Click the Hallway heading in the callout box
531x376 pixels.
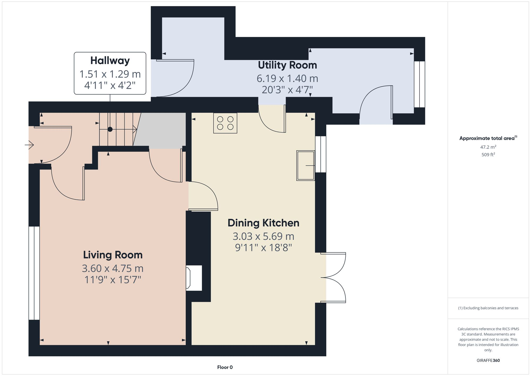(110, 61)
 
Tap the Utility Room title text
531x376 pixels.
(287, 65)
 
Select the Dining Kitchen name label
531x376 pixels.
(263, 223)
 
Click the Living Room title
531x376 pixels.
(113, 255)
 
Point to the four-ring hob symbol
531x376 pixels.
(225, 123)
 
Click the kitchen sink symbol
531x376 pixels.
(306, 166)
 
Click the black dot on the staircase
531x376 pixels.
(110, 129)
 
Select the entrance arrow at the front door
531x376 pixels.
(29, 145)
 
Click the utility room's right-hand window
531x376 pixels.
(419, 84)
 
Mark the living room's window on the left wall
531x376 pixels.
(34, 273)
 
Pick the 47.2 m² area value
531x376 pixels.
(488, 147)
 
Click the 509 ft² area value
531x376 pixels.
(488, 155)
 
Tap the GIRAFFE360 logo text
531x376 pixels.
(488, 360)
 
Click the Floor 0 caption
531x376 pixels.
(225, 367)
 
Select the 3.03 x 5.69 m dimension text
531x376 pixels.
(263, 236)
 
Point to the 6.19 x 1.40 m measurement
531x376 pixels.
(287, 78)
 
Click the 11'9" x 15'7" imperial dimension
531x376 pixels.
(113, 280)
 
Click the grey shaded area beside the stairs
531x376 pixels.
(162, 130)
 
